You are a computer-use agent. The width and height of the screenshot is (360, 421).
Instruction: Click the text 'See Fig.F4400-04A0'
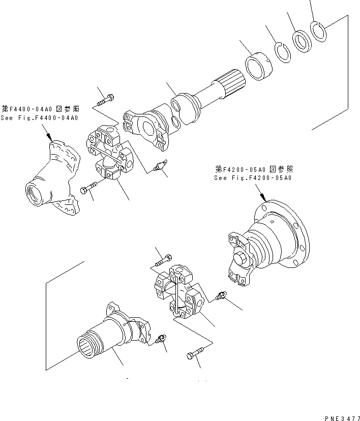coord(40,118)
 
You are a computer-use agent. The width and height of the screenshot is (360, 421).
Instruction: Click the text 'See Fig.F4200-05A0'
coord(253,178)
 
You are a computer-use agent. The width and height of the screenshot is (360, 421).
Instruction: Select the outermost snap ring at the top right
coord(319,32)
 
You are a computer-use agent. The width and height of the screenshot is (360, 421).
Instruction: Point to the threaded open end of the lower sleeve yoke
coord(89,346)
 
